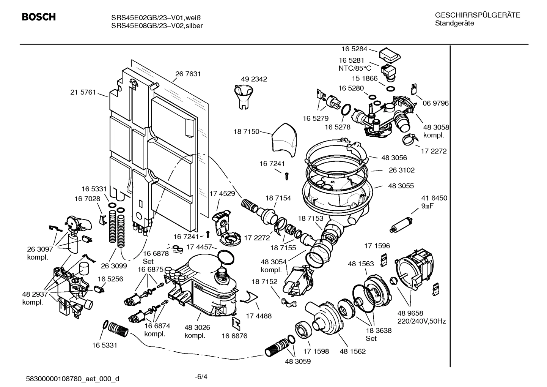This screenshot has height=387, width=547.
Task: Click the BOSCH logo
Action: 39,17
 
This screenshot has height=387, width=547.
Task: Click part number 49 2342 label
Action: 254,79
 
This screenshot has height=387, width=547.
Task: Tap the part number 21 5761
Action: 83,92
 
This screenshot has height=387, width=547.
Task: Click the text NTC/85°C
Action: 355,68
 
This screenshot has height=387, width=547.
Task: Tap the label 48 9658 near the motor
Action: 410,313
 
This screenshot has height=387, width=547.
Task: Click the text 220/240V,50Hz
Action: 421,321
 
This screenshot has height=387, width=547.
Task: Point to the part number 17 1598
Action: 316,351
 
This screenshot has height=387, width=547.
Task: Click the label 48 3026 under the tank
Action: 197,327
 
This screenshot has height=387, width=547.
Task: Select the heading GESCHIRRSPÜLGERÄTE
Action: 477,15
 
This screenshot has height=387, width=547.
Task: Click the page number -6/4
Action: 201,377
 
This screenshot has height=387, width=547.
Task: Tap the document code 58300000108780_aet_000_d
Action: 72,379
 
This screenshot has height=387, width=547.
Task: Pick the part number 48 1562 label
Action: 353,351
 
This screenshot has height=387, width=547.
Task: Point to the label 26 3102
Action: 401,170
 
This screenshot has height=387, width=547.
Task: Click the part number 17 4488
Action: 259,316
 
